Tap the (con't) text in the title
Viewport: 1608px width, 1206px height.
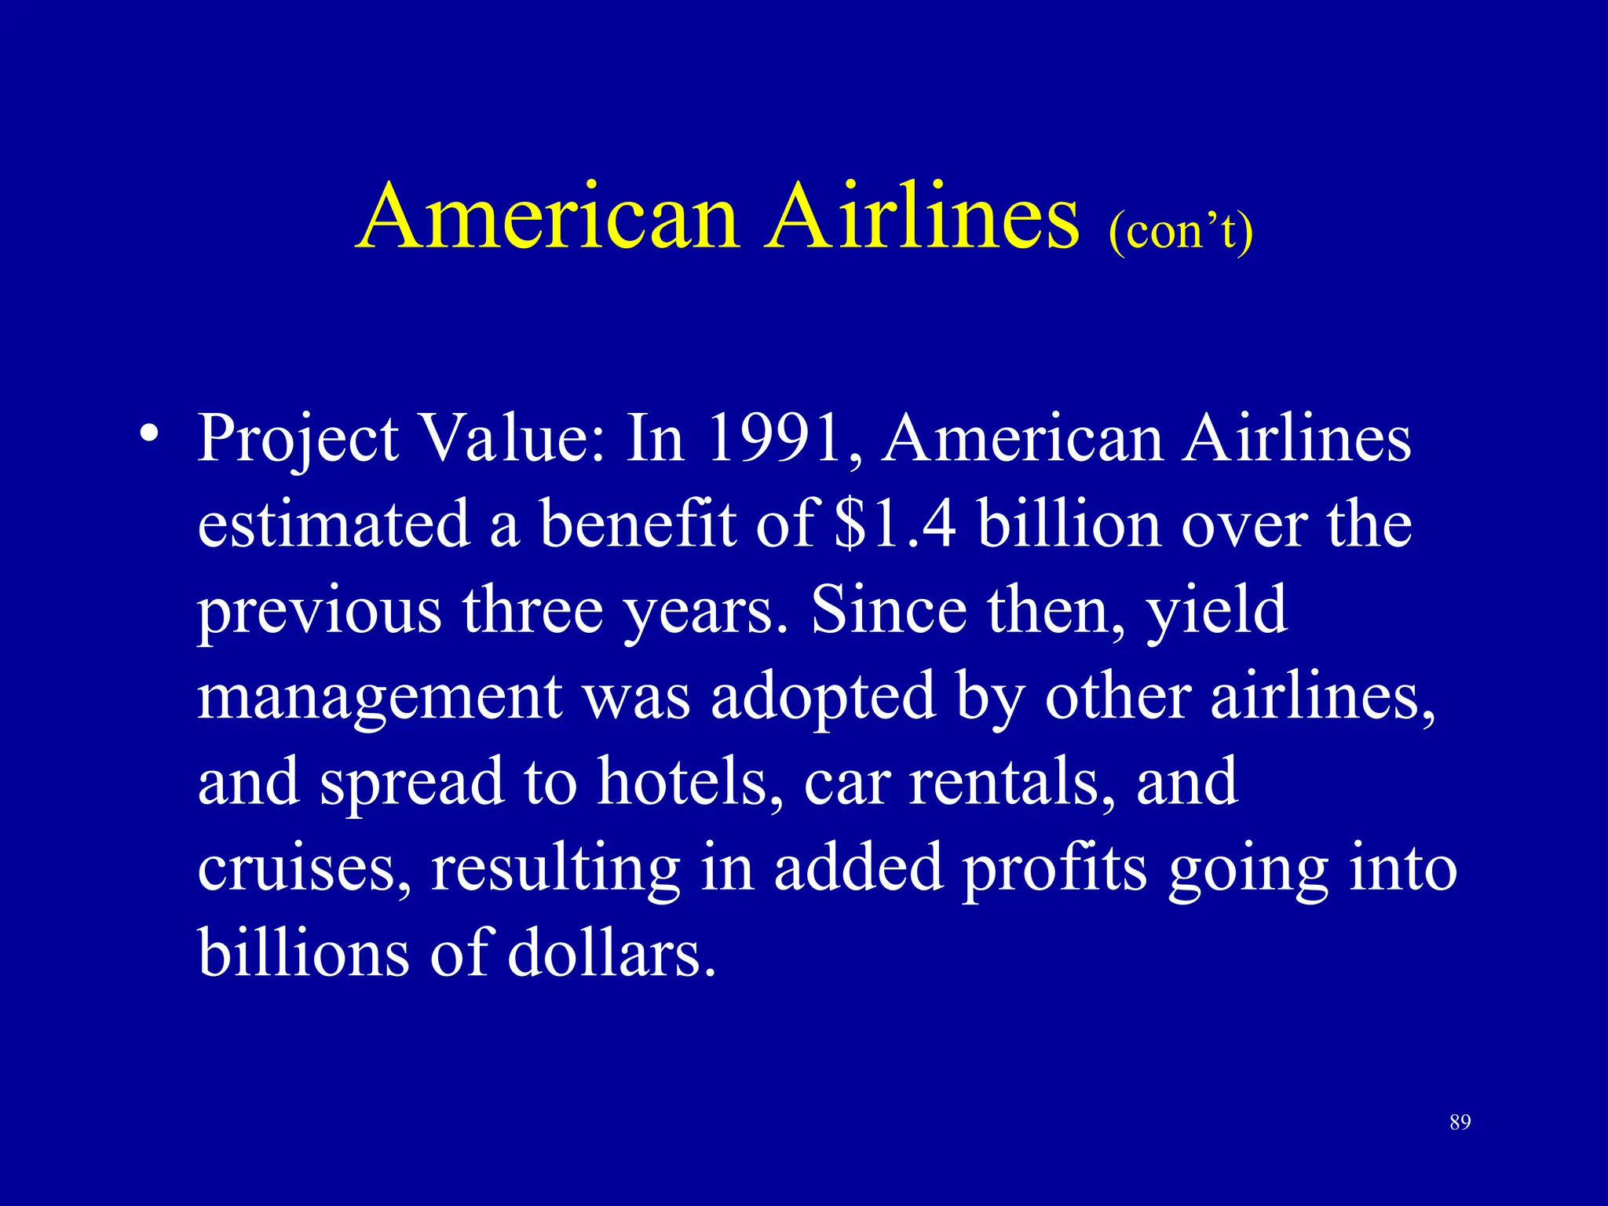[1180, 232]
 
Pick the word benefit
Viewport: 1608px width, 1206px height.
[637, 524]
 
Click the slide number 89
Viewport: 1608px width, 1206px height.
[1460, 1122]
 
